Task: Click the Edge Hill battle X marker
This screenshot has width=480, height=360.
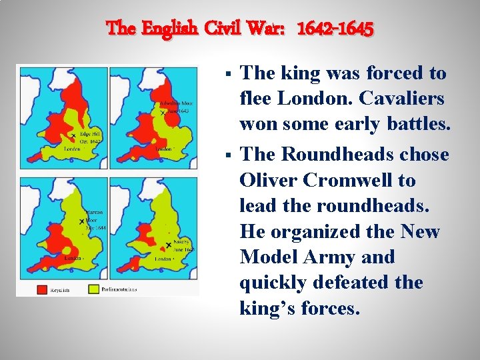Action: pyautogui.click(x=73, y=136)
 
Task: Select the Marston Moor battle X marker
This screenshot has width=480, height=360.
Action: pyautogui.click(x=81, y=221)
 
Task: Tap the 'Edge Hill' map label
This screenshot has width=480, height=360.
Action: pyautogui.click(x=91, y=133)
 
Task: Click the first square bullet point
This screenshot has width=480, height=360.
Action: pyautogui.click(x=229, y=74)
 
